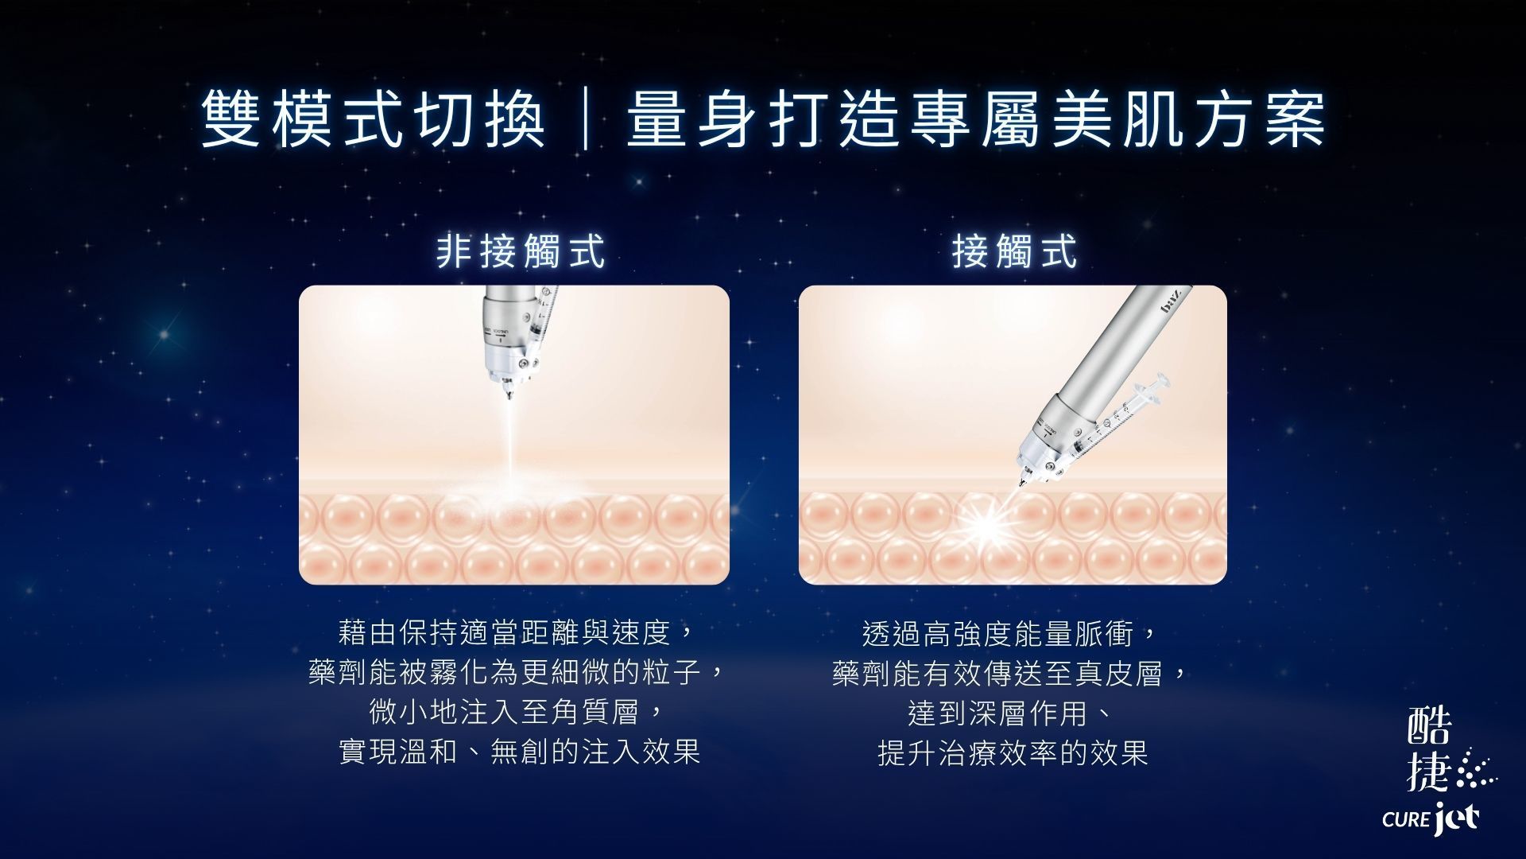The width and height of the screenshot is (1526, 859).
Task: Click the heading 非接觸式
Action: (521, 251)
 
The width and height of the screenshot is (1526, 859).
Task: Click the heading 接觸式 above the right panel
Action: (1014, 251)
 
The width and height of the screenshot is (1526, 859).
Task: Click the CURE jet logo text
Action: (1431, 818)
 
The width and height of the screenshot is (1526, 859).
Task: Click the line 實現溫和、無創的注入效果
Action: (519, 752)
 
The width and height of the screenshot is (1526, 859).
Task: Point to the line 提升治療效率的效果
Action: (1013, 752)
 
